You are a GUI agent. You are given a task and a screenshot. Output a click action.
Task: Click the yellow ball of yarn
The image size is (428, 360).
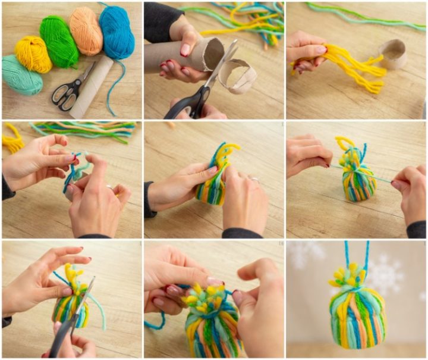[33, 54]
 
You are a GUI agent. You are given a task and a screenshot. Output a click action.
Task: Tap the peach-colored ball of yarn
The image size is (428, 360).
[86, 30]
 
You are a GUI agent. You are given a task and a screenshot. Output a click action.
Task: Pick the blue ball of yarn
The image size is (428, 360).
[117, 32]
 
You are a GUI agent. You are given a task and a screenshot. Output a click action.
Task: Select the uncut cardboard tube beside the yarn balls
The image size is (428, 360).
[92, 86]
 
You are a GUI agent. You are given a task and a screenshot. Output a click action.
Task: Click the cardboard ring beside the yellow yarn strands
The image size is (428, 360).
[393, 54]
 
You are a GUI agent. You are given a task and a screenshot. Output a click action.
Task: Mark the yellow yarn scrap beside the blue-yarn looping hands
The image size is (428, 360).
[12, 143]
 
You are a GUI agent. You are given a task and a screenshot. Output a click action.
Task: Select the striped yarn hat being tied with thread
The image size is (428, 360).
[359, 178]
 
